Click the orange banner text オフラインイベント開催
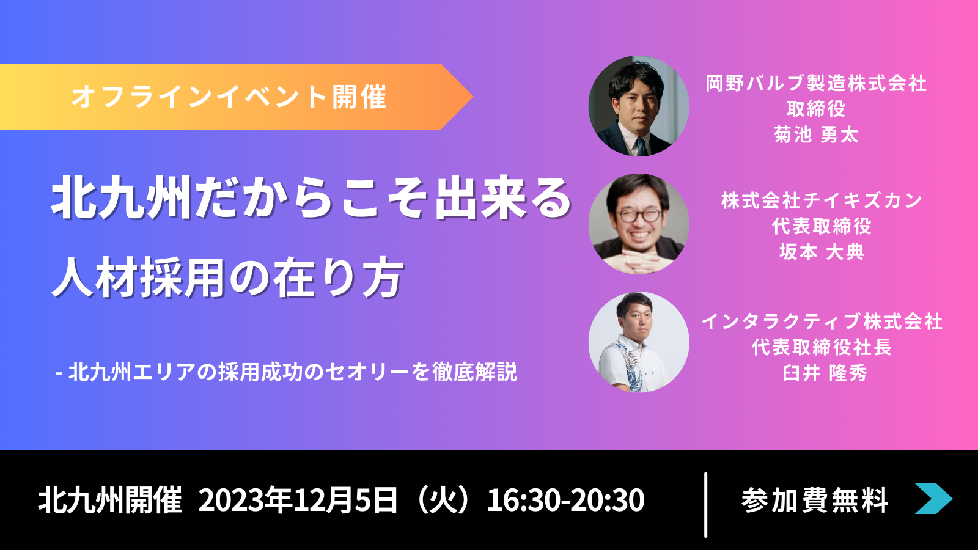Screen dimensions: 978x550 (229, 97)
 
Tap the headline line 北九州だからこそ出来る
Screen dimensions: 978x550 (312, 197)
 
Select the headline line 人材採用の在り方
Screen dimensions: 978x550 (227, 277)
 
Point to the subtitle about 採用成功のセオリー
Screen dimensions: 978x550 (287, 372)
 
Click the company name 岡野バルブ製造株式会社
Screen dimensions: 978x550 (816, 83)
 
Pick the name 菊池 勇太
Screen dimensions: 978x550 (816, 134)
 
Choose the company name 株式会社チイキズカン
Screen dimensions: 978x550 (822, 201)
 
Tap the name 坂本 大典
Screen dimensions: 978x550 (822, 252)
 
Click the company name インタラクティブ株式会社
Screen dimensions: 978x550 (822, 321)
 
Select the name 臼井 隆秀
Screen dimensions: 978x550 (825, 373)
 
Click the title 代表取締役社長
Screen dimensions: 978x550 (822, 348)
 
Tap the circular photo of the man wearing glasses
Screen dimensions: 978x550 (639, 224)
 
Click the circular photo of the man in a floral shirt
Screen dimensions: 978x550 (639, 342)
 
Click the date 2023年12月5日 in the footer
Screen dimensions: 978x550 (298, 500)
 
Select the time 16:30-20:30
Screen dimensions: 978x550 (566, 500)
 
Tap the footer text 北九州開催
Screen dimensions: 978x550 (110, 500)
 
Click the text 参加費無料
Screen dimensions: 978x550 (815, 500)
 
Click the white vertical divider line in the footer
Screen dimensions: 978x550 (705, 505)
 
